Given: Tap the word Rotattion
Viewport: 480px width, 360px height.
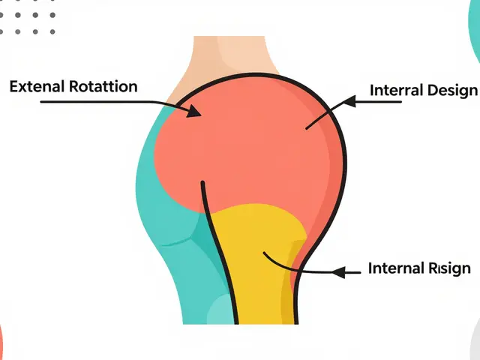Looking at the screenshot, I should point(102,86).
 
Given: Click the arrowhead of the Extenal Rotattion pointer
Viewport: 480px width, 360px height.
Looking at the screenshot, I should point(196,111).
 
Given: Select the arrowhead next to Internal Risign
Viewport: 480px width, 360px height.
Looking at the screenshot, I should point(338,271).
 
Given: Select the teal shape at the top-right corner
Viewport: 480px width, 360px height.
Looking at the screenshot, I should point(474,30).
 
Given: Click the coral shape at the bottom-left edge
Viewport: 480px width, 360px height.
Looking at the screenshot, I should point(1,341).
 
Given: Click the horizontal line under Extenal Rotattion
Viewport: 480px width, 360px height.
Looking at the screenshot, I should point(90,101).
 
